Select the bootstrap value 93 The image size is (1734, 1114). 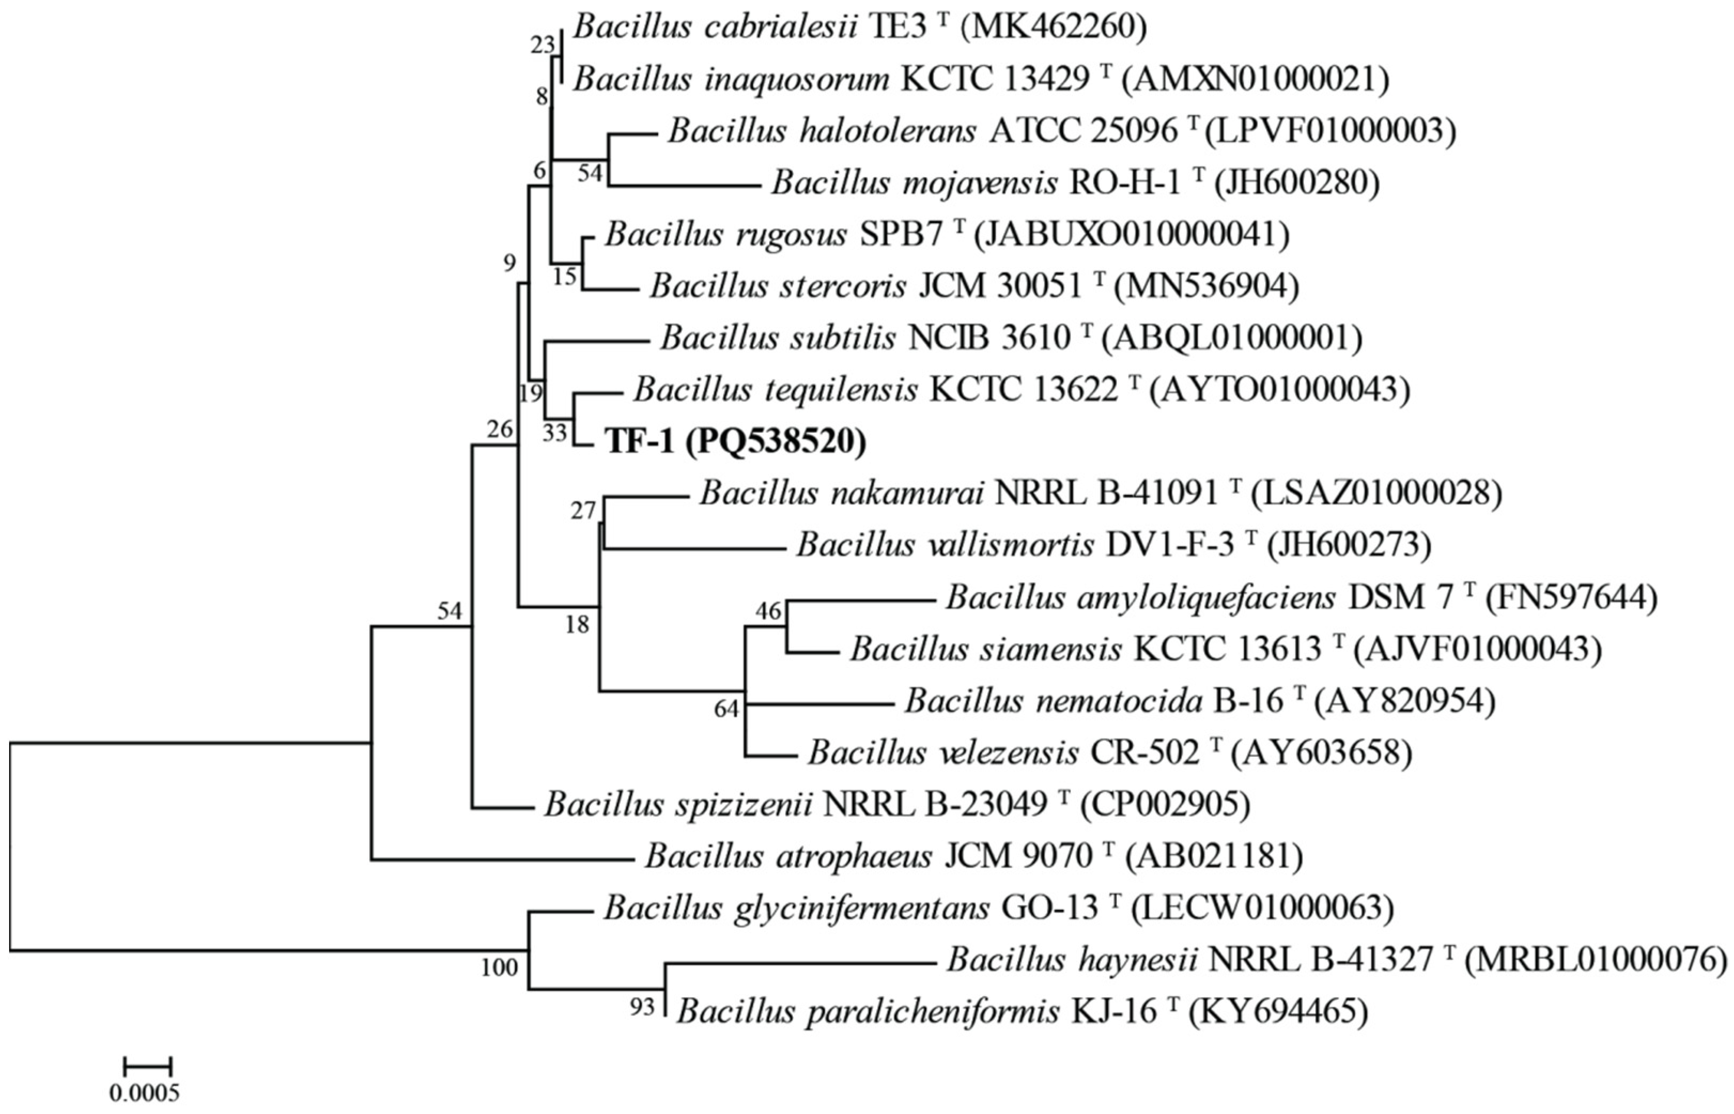[x=641, y=1007]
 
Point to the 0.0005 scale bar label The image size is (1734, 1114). [x=145, y=1092]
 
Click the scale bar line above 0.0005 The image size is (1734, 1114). [x=148, y=1065]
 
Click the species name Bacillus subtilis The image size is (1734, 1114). [x=778, y=338]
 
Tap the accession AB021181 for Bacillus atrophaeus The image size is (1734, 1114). [x=1214, y=856]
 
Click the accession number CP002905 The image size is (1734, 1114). [x=1165, y=803]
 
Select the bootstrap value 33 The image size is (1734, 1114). [x=555, y=434]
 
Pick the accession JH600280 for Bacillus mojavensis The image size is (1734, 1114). [x=1296, y=183]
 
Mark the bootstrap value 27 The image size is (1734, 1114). [x=583, y=510]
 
